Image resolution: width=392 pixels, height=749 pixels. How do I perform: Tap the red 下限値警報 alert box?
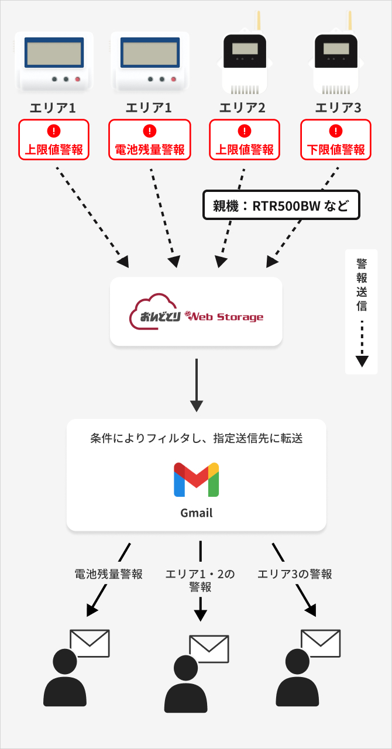point(336,140)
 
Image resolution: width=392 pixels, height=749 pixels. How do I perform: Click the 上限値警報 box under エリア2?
point(245,140)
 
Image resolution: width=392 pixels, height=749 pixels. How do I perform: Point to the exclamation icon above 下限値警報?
point(336,130)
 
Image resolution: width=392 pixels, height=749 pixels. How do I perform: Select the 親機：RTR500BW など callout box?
point(280,205)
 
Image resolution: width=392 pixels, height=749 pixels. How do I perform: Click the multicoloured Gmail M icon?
point(196,480)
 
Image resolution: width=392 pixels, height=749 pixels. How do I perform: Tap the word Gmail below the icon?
point(196,513)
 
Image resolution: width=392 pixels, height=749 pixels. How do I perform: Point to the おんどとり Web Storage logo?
point(196,313)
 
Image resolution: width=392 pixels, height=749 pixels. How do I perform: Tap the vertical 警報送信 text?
point(362,284)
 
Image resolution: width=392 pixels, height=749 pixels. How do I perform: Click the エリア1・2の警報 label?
point(201,580)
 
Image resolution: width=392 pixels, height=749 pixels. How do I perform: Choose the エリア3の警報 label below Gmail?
point(295,574)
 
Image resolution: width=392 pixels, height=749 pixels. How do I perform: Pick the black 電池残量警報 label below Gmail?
point(108,574)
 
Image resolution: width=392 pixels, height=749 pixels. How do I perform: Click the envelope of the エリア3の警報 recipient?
point(320,644)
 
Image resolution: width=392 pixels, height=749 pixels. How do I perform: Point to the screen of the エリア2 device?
point(245,48)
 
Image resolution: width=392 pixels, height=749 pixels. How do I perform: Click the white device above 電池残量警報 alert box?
point(150,61)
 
